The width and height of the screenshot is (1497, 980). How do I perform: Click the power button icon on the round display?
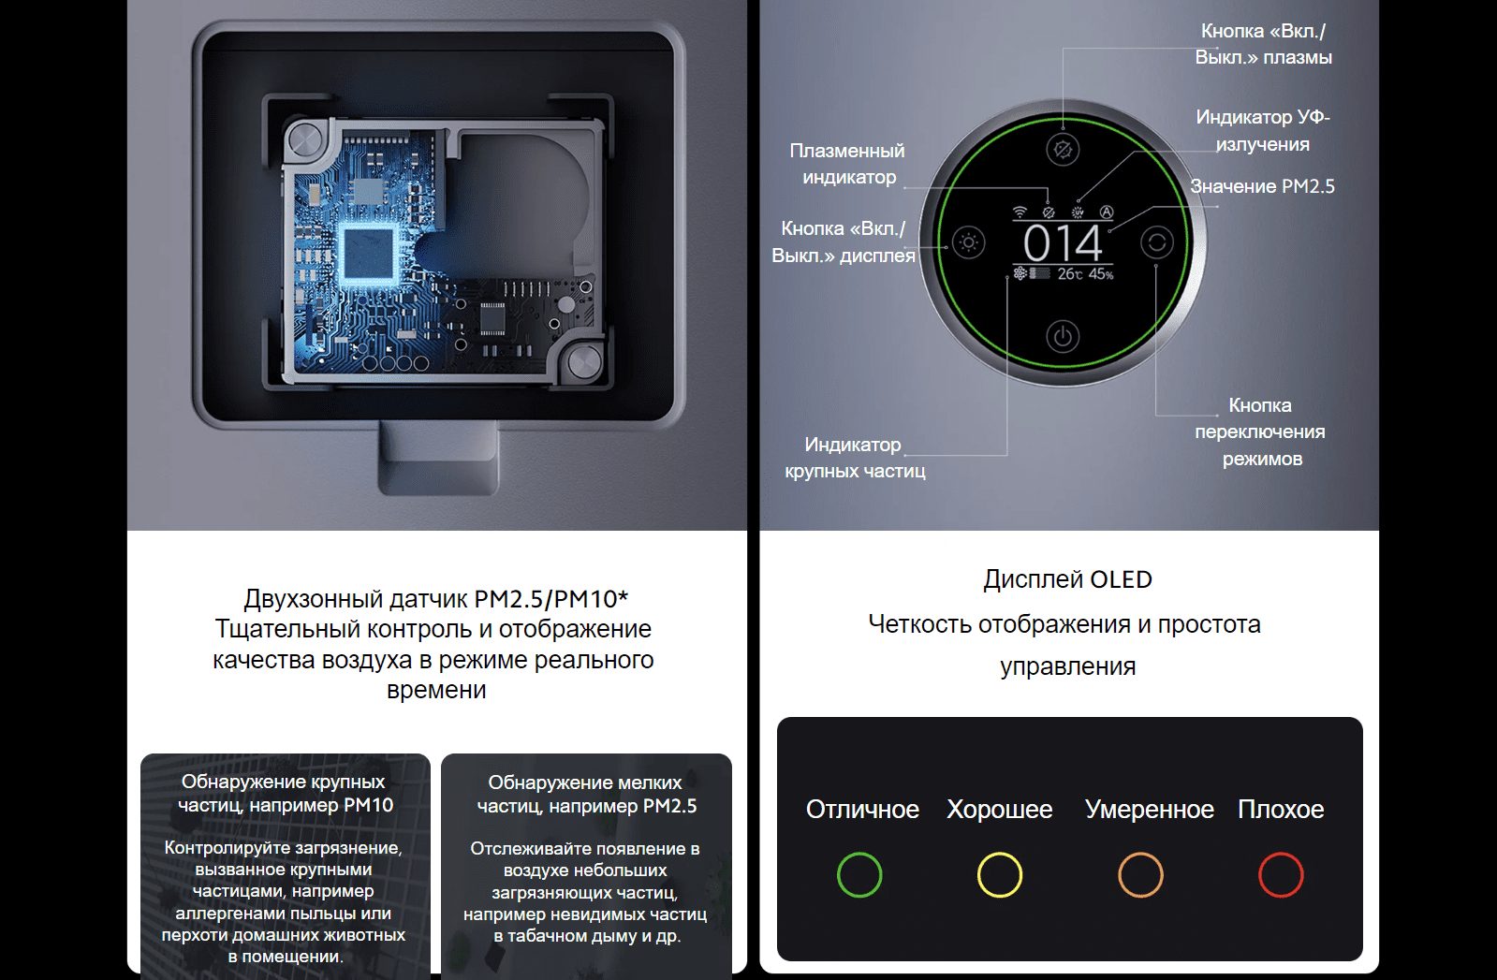pos(1063,335)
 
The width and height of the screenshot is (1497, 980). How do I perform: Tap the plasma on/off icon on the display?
pos(1063,149)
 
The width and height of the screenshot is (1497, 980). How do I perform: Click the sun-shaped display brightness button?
pos(968,241)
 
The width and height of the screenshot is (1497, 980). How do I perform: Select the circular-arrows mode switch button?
pos(1157,241)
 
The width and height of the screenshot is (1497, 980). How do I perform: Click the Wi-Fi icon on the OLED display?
pos(1020,212)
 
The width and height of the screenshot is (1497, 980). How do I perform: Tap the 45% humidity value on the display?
pos(1101,274)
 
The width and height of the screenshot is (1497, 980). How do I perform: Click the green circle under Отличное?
pos(859,874)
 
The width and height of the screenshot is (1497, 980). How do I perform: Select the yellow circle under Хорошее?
pos(1000,874)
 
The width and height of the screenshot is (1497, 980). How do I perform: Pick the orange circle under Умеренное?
pos(1141,874)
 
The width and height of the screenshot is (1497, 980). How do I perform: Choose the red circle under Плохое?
pos(1281,874)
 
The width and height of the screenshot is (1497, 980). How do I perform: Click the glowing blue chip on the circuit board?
pos(368,253)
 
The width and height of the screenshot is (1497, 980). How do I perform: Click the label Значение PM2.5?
pos(1262,186)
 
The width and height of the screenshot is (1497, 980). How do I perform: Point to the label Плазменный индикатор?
pos(847,164)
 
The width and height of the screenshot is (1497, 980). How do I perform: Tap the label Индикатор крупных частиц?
pos(855,458)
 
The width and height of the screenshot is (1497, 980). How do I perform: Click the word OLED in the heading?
pos(1121,579)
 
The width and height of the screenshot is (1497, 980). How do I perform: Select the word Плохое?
pos(1281,809)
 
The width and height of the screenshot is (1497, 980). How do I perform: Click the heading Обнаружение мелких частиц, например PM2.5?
pos(586,794)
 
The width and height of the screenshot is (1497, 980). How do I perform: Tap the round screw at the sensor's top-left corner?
pos(305,141)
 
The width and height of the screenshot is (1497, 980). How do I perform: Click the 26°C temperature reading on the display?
pos(1069,274)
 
